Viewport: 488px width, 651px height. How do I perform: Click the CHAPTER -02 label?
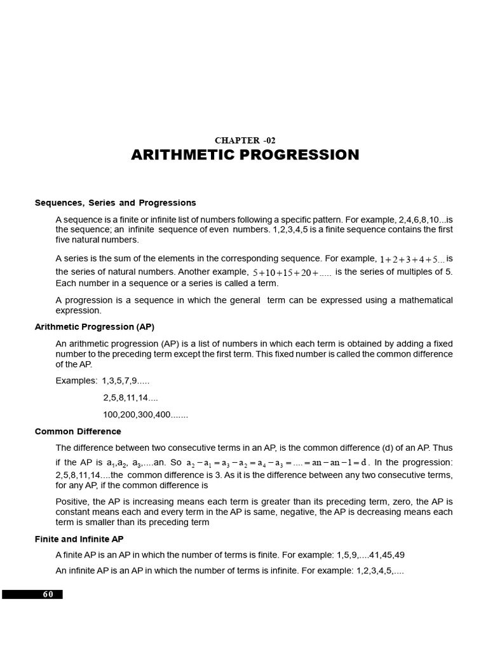(x=245, y=140)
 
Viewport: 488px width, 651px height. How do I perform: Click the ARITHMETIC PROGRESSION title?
(x=245, y=155)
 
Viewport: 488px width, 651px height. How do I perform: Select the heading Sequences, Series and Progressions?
(x=115, y=203)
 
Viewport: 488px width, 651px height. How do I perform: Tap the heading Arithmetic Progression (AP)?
(x=94, y=327)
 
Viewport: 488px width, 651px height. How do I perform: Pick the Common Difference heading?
(x=78, y=432)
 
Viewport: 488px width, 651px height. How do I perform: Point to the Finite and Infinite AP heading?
(x=79, y=539)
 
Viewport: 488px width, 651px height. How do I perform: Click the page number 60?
(x=48, y=594)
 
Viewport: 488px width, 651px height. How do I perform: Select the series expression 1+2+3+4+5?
(x=411, y=259)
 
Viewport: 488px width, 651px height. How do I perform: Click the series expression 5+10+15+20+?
(x=292, y=273)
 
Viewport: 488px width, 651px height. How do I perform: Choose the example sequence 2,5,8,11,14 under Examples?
(x=130, y=398)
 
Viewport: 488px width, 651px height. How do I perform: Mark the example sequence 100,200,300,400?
(x=146, y=415)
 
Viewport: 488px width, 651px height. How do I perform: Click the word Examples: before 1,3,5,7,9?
(x=76, y=381)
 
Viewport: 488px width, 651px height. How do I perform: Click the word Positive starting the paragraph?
(x=72, y=502)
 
